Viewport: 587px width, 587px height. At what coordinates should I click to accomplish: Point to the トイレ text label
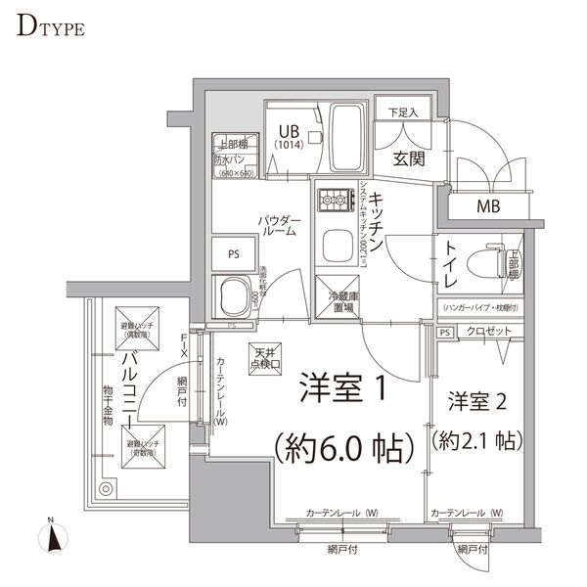pos(453,264)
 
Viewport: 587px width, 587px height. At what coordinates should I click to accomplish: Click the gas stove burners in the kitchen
pos(333,203)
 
